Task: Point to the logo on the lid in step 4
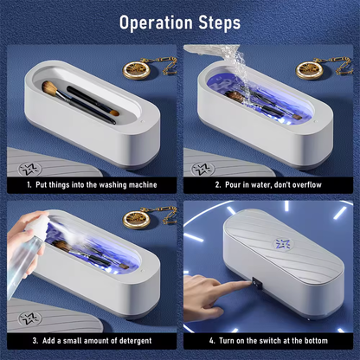[283, 245]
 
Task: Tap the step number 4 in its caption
[198, 342]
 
